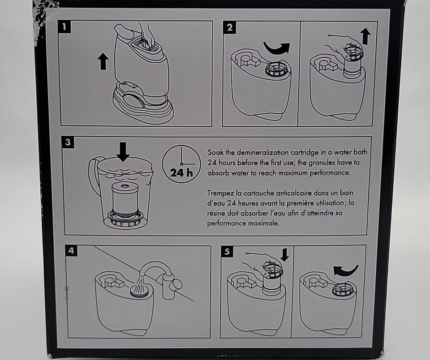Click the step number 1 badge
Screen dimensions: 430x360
(x=64, y=27)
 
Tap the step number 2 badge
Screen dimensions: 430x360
(x=229, y=27)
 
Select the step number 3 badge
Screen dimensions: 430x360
(x=68, y=142)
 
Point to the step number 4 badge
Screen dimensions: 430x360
(x=71, y=251)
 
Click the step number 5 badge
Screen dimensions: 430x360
(x=227, y=251)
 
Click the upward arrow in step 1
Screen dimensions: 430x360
(x=103, y=61)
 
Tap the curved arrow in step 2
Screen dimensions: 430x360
(x=276, y=49)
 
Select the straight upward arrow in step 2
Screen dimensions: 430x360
(x=365, y=37)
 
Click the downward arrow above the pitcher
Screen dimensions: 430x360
(x=123, y=152)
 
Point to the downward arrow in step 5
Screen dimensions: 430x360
(x=285, y=255)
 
